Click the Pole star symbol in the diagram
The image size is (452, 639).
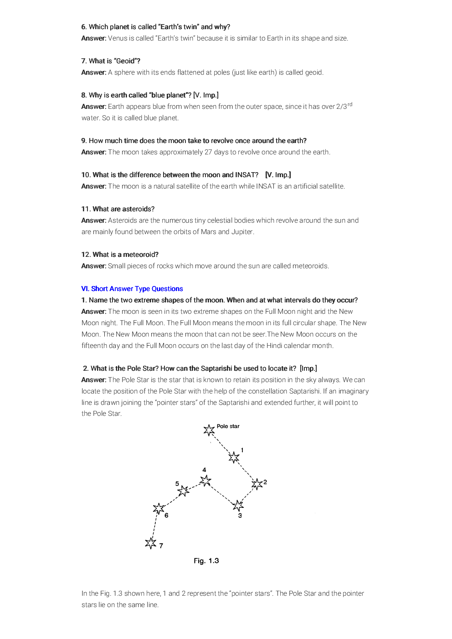coord(209,429)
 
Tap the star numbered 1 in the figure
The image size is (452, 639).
coord(234,457)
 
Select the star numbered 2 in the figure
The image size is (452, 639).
coord(257,484)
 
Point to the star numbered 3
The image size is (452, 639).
coord(238,506)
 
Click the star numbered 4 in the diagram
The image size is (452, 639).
coord(205,481)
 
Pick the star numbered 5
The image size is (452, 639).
coord(183,491)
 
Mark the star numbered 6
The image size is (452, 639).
coord(159,509)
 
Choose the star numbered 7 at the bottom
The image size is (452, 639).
coord(151,543)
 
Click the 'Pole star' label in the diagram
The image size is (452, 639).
coord(228,426)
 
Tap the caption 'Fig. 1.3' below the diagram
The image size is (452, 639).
coord(206,561)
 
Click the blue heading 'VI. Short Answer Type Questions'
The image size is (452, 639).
coord(132,289)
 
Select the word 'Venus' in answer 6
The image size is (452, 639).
coord(118,38)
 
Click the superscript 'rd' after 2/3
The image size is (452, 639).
coord(350,104)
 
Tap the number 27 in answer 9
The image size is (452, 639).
coord(208,152)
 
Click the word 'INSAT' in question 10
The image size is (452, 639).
coord(247,175)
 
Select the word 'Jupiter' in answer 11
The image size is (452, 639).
coord(242,232)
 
